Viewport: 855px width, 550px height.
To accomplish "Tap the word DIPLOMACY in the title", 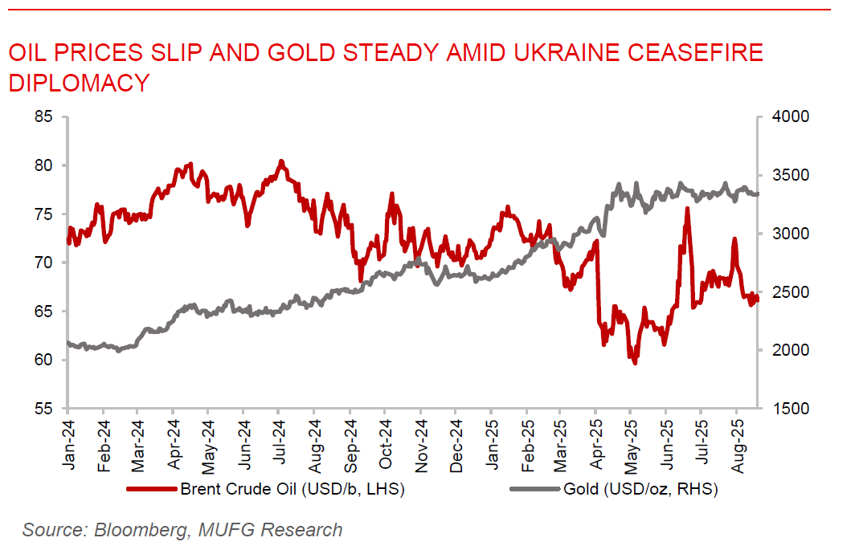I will coord(79,82).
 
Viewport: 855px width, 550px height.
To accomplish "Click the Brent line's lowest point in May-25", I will coord(635,363).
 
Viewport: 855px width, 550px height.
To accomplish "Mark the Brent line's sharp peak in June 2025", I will coord(687,208).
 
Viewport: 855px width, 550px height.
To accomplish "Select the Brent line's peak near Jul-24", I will coord(281,161).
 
